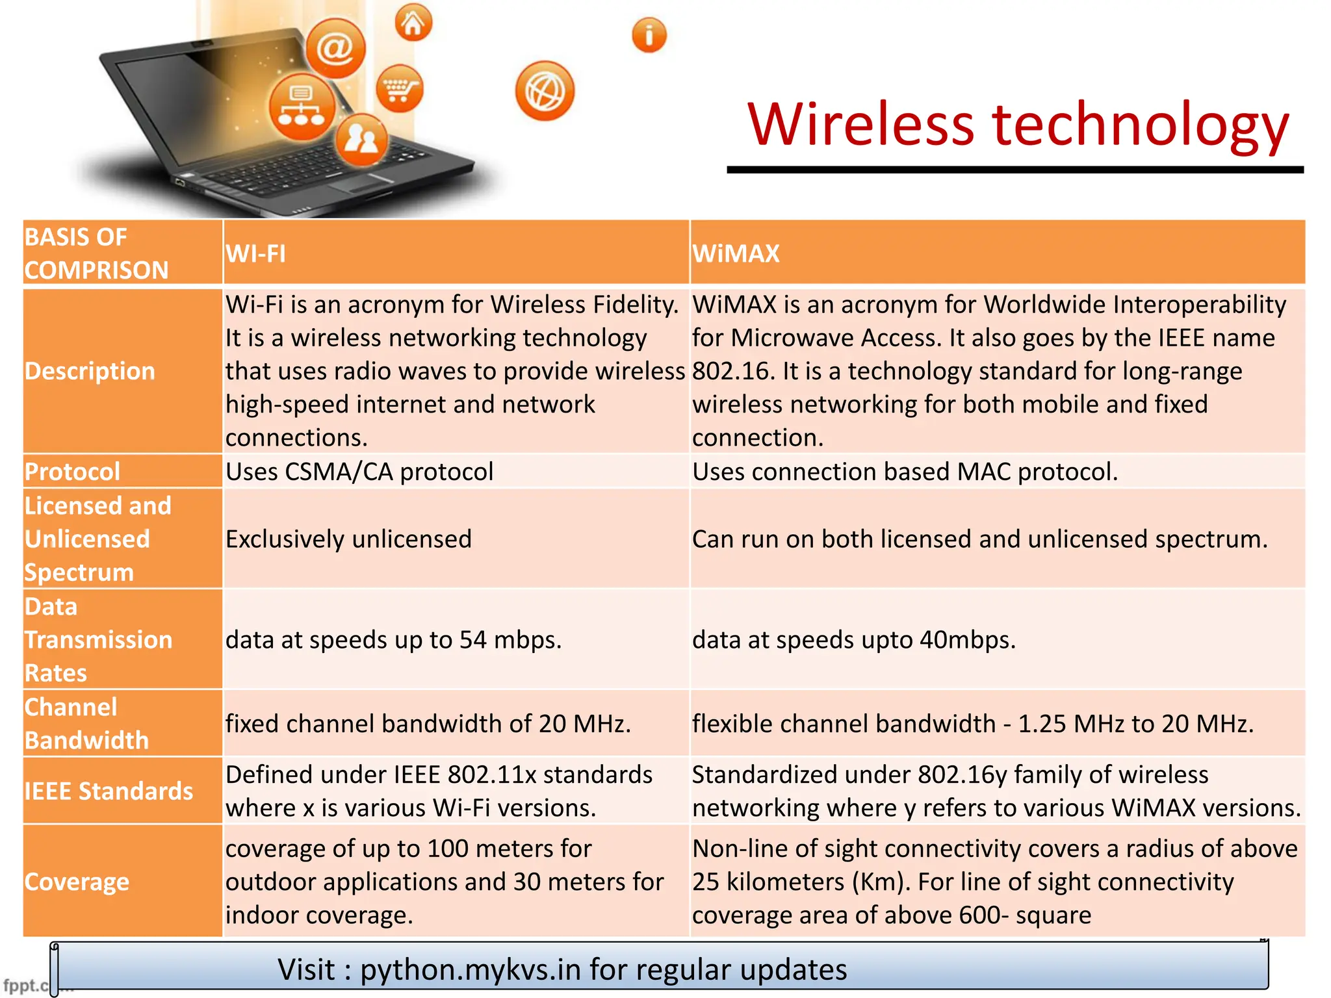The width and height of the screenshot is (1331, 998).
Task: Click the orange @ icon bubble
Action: coord(335,48)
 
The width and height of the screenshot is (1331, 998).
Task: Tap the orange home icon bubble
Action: coord(413,23)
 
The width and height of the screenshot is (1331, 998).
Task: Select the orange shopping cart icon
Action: coord(399,89)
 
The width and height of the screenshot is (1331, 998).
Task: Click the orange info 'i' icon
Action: coord(649,34)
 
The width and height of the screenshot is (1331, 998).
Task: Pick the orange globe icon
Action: coord(545,91)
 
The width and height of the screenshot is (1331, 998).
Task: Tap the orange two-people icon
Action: coord(361,139)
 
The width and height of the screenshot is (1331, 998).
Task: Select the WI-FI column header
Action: coord(255,253)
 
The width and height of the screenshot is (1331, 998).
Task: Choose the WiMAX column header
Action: coord(735,253)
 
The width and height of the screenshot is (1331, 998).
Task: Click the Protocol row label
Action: coord(72,472)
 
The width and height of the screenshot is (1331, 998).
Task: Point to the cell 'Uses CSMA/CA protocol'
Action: coord(359,472)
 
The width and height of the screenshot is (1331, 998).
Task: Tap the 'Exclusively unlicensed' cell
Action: coord(348,539)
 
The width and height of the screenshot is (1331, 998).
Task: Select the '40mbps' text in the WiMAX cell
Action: coord(967,640)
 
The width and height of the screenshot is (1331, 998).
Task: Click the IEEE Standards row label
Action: coord(109,791)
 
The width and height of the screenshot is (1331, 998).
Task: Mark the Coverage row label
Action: coord(77,882)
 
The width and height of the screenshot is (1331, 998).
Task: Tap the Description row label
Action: coord(90,371)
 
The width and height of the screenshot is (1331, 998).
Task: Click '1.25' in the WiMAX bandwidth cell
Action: coord(1042,724)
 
